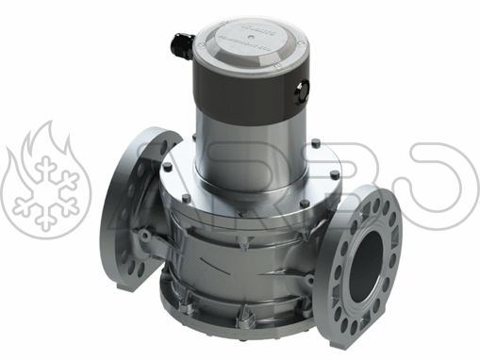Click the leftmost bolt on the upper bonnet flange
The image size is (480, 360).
pyautogui.click(x=167, y=167)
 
